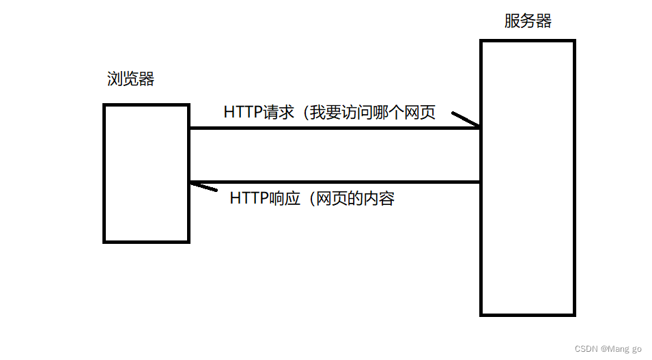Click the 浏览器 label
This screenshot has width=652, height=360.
[131, 79]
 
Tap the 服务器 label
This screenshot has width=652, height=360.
[528, 21]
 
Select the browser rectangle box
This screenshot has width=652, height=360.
[146, 173]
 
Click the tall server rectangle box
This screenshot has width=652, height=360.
[528, 178]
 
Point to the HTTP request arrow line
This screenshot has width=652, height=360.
[335, 128]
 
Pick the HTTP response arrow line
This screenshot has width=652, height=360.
[335, 182]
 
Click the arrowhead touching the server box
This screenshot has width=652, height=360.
[466, 120]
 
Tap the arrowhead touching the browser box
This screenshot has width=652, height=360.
[203, 186]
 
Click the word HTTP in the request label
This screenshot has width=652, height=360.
[242, 113]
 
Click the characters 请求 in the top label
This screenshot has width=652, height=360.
[278, 113]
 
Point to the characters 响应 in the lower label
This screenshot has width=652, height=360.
[284, 199]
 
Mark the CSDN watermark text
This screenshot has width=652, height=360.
[586, 349]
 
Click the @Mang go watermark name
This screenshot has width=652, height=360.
[621, 349]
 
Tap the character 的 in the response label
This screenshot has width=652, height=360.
[354, 199]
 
